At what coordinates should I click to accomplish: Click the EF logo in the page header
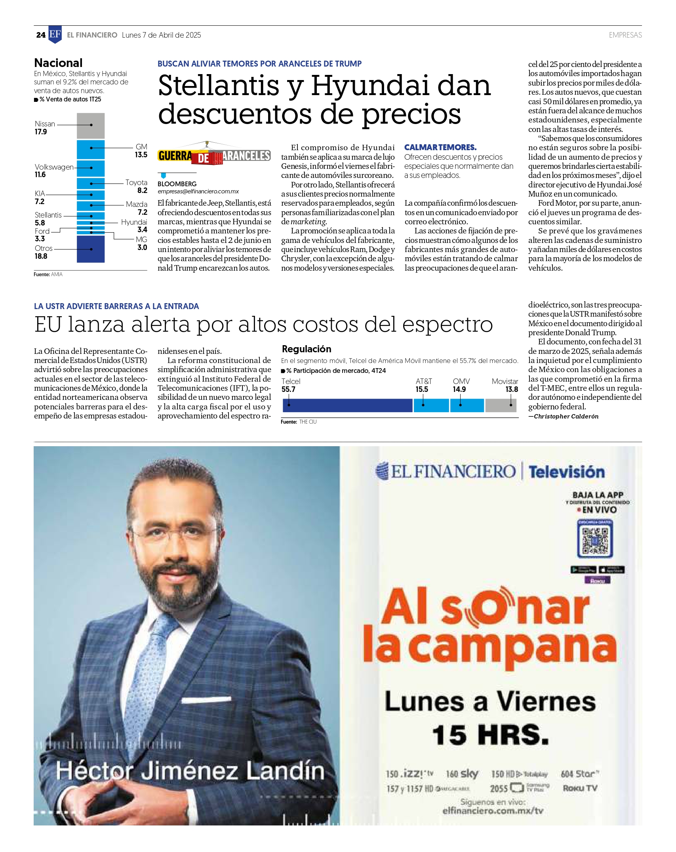click(x=55, y=34)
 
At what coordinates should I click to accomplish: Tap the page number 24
click(x=41, y=35)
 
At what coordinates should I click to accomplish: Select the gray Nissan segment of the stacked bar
click(x=91, y=126)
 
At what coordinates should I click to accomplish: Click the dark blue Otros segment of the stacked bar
click(x=91, y=249)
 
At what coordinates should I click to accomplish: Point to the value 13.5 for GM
click(x=141, y=155)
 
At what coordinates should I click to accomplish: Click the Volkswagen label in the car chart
click(x=54, y=167)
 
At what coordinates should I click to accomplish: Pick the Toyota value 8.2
click(x=142, y=191)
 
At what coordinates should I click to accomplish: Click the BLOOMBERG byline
click(x=177, y=184)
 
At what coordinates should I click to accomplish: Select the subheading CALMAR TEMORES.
click(x=440, y=147)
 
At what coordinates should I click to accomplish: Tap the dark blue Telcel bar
click(x=347, y=405)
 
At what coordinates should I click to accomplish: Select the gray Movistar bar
click(x=501, y=405)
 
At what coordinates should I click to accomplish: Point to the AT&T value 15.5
click(x=422, y=390)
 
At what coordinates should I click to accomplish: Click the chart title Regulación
click(x=306, y=349)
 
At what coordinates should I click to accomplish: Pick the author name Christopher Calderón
click(x=566, y=416)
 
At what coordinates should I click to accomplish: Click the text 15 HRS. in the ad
click(x=490, y=735)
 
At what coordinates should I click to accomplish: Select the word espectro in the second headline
click(x=448, y=325)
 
